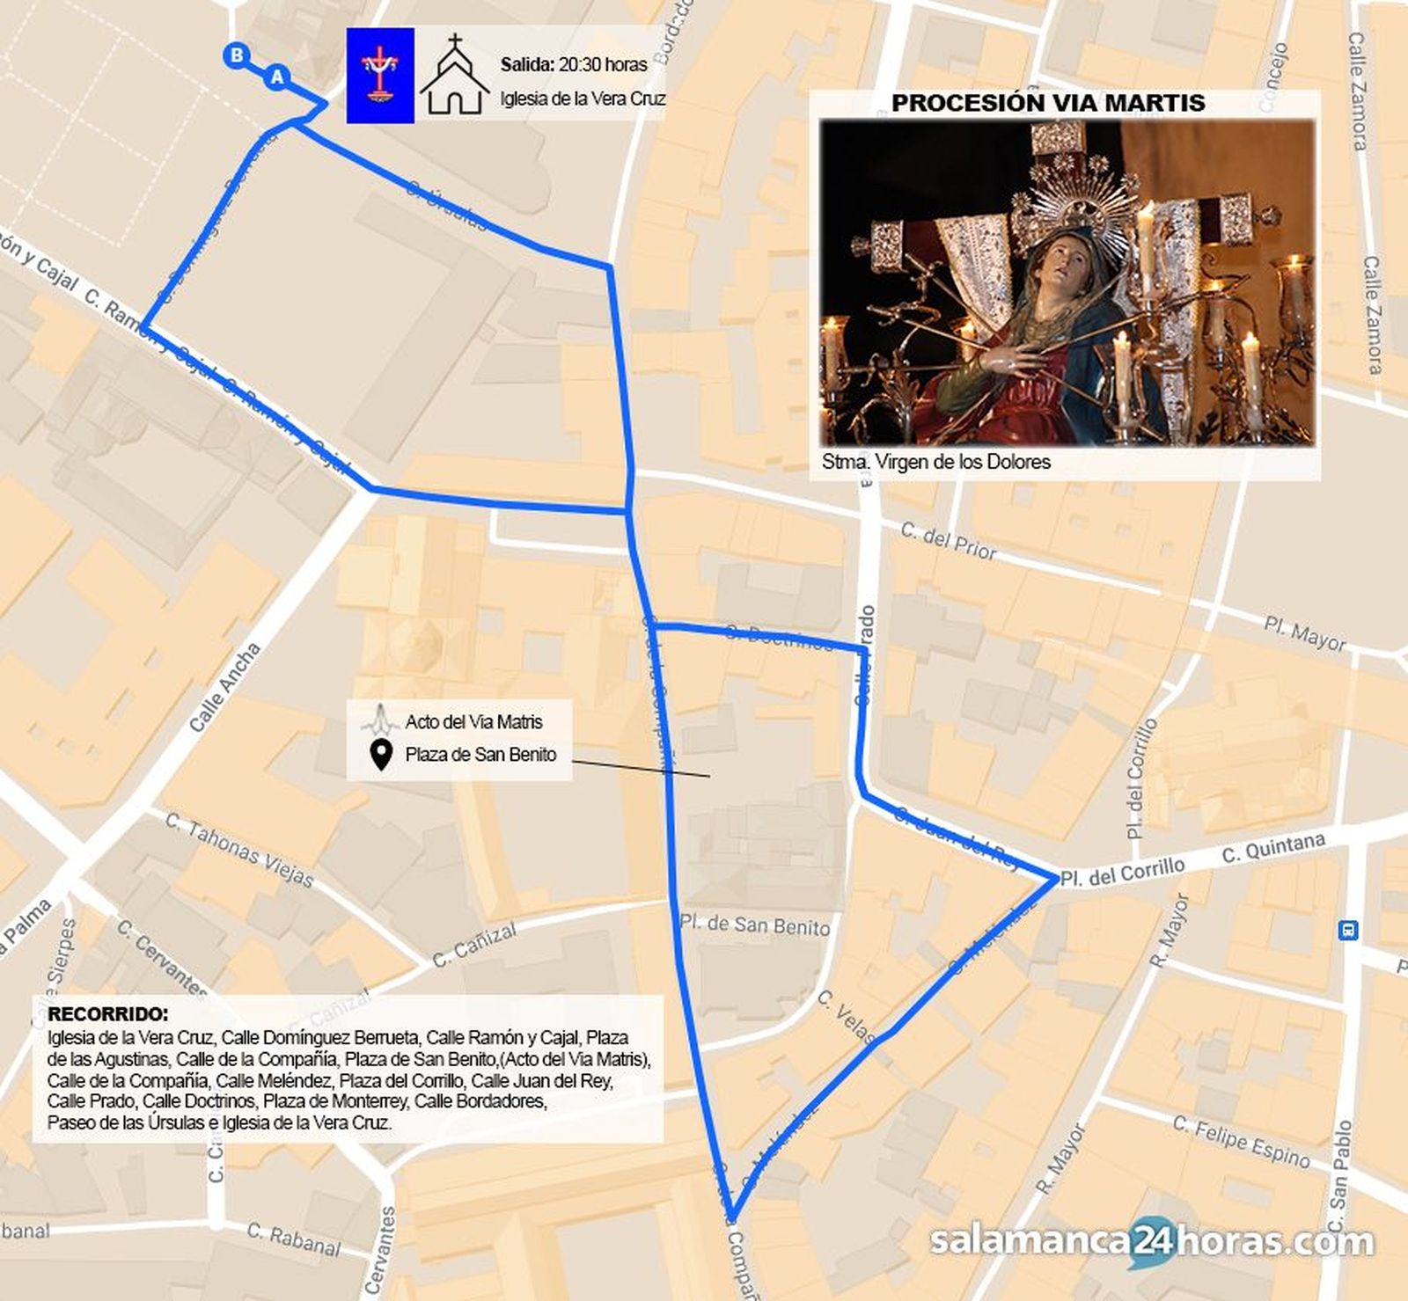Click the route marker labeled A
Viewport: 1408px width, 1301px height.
277,77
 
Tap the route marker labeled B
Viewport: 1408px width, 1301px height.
236,55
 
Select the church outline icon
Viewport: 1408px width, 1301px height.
454,76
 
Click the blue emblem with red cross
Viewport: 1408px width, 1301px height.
380,75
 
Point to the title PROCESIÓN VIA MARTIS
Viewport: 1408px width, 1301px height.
1048,103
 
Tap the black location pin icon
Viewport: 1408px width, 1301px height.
381,755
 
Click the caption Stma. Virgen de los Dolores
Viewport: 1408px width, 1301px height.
935,462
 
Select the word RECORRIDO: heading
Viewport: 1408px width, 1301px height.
107,1014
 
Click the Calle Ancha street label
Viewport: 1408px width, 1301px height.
225,687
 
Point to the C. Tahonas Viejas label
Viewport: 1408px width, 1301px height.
239,850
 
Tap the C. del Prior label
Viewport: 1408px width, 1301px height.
949,541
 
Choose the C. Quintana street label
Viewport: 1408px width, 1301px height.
1273,848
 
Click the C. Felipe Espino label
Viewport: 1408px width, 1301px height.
1242,1141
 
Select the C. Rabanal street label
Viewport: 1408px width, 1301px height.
293,1239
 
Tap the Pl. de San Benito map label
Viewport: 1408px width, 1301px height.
754,925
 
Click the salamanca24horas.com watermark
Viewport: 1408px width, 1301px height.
1151,1241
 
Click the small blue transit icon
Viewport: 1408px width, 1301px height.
1347,930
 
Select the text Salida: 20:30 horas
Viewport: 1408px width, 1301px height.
574,64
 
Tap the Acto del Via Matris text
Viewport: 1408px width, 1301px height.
473,722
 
